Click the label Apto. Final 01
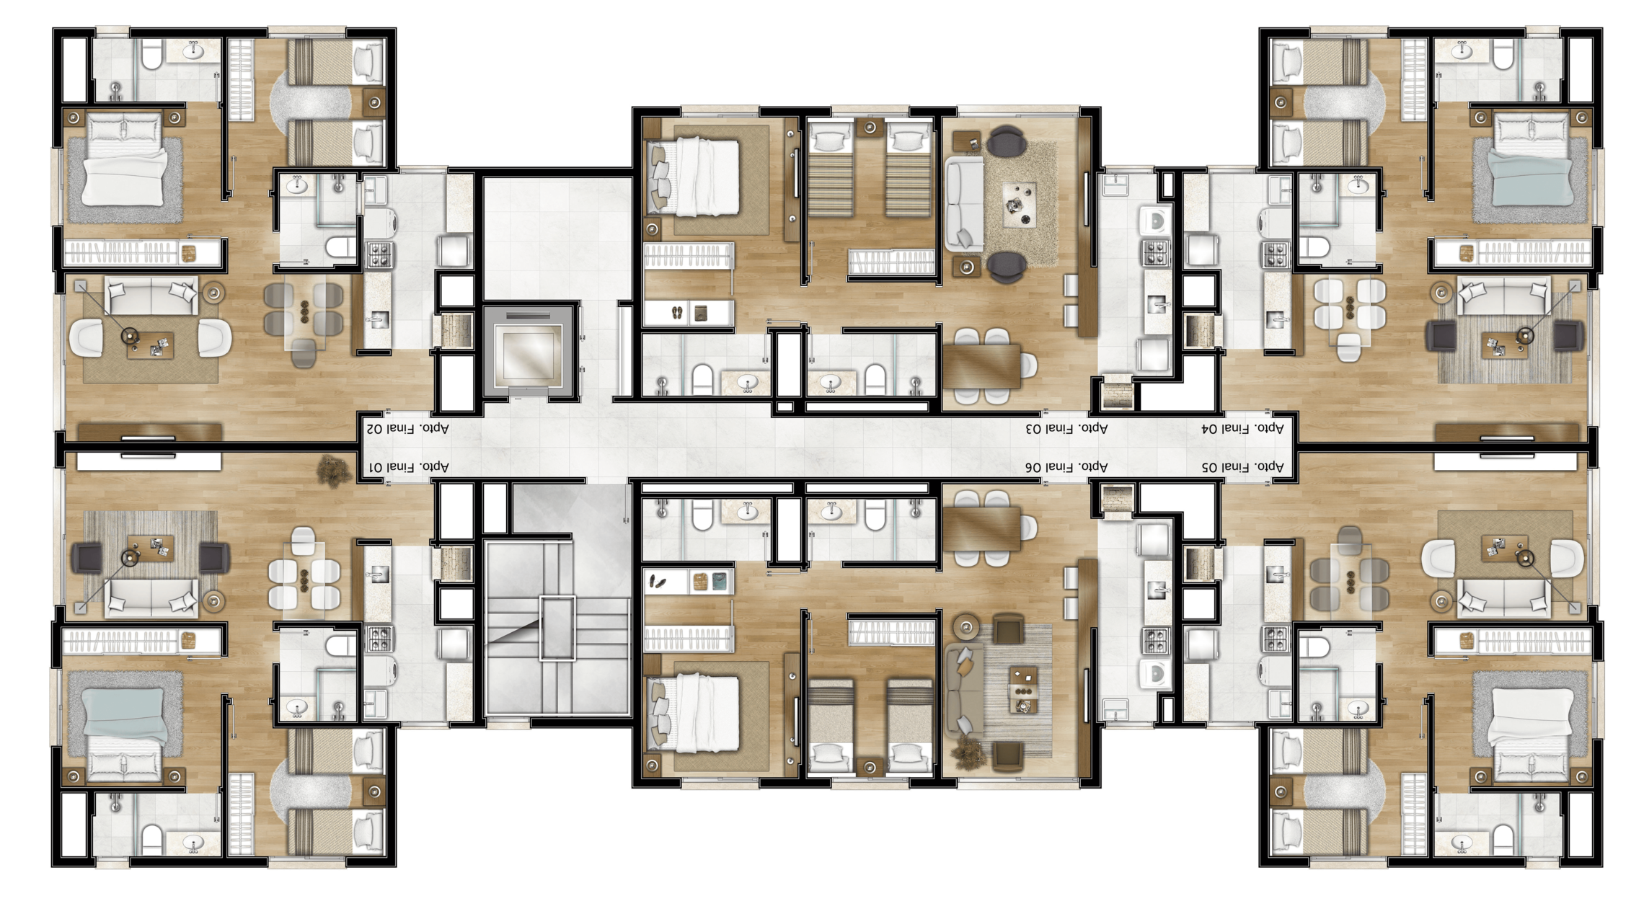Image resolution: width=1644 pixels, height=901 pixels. (x=409, y=467)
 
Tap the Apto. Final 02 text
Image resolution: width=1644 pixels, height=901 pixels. (x=409, y=428)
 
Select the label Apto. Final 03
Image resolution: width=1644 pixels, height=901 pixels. (x=1066, y=428)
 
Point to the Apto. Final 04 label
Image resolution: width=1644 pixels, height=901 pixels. (x=1242, y=428)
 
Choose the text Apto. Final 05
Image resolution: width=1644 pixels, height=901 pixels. (x=1242, y=467)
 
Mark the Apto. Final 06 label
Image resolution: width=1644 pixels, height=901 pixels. (x=1066, y=467)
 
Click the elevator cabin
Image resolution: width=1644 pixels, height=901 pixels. (x=531, y=352)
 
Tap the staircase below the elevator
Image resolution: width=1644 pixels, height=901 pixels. (x=557, y=628)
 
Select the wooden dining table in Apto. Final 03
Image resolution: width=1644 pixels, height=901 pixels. (x=982, y=366)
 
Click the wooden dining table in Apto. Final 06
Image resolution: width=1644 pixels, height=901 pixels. (x=982, y=528)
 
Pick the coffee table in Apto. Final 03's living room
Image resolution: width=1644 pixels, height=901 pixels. (x=1020, y=205)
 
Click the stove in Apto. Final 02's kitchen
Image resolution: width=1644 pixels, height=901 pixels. (x=379, y=254)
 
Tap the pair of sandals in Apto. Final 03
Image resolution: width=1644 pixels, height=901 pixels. (x=678, y=313)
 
